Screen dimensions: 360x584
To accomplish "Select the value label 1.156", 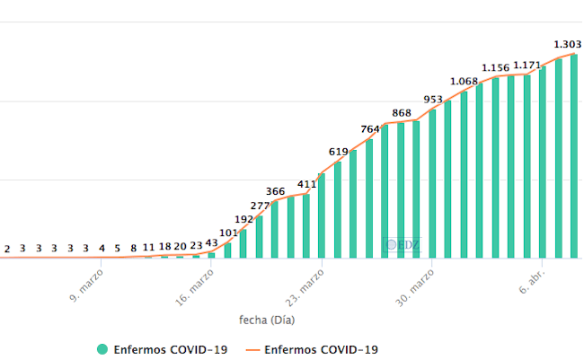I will pos(495,67).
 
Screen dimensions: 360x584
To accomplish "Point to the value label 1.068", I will pos(464,81).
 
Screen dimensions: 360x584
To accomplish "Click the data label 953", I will pos(433,99).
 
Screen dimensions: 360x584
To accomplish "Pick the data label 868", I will pos(402,112).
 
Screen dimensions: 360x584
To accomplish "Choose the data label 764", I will pos(370,129).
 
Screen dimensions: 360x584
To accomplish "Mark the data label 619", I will pos(339,152).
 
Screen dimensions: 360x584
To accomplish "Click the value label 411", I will pos(307,184).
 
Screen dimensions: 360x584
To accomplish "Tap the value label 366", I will pos(276,191).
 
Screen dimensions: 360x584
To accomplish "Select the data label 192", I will pos(244,218).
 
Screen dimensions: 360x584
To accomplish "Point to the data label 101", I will pos(228,233).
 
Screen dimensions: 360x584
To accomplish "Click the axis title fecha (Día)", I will pos(267,319).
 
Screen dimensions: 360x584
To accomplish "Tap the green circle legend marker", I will pos(102,349).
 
